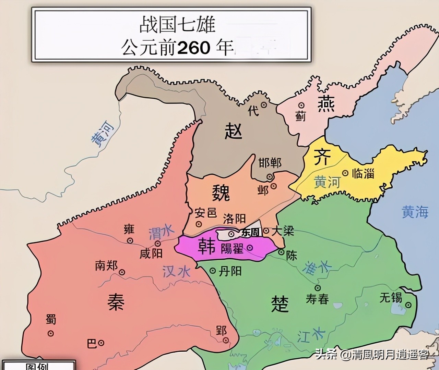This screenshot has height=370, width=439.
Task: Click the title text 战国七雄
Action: point(177,25)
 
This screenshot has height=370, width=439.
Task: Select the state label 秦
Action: point(115,302)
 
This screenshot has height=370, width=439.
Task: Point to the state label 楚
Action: point(280,304)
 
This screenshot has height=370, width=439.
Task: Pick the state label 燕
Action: point(326,104)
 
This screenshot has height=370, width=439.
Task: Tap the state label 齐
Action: point(322,157)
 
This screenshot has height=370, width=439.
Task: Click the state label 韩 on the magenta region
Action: point(206,247)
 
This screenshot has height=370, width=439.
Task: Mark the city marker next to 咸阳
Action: point(158,244)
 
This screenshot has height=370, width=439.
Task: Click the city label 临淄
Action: point(363,173)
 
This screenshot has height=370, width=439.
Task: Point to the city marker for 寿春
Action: point(318,288)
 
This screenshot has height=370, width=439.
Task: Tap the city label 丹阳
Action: point(230,271)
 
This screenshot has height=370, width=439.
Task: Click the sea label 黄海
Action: point(415,212)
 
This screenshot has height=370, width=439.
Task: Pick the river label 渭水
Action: point(162,233)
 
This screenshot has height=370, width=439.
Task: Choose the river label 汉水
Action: point(176,272)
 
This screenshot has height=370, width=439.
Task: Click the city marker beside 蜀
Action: point(50,333)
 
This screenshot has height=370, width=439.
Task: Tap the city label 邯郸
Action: point(270,163)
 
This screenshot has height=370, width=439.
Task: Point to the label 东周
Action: point(250,232)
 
